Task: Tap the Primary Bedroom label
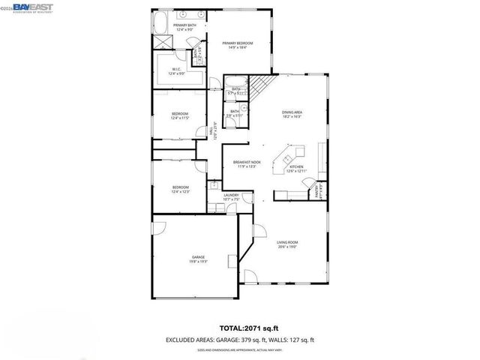point(238,46)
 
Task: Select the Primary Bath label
point(184,27)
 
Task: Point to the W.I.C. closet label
point(175,71)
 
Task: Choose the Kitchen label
point(296,169)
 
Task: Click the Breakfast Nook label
point(246,164)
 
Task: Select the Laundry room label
point(231,197)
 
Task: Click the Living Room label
point(287,244)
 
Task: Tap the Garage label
point(197,259)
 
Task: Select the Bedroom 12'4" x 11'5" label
point(180,116)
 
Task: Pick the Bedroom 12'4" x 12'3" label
point(180,189)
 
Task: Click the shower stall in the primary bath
point(164,43)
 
